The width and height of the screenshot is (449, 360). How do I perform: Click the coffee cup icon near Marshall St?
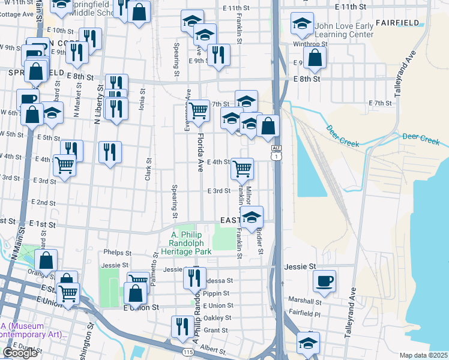pyautogui.click(x=325, y=281)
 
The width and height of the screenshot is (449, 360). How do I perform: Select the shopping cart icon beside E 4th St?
pyautogui.click(x=242, y=169)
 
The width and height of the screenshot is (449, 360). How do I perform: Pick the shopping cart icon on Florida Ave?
pyautogui.click(x=198, y=110)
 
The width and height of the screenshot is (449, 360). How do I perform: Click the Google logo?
pyautogui.click(x=20, y=353)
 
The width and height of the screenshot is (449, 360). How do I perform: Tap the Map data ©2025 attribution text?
pyautogui.click(x=423, y=355)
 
